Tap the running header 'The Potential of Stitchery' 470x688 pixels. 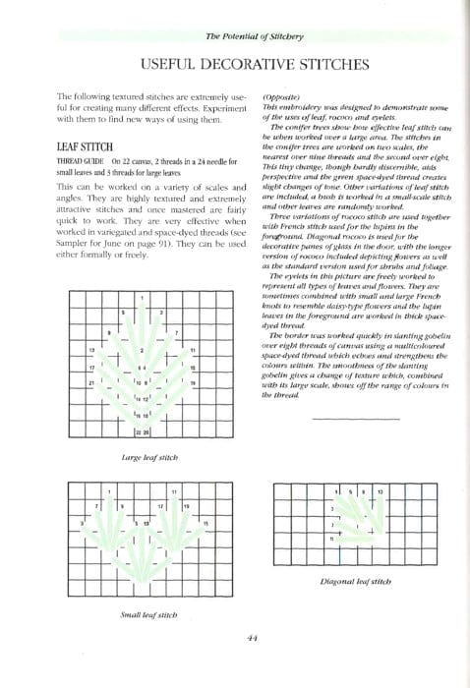(x=255, y=36)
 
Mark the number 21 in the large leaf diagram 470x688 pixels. (x=91, y=382)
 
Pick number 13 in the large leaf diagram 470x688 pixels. (x=91, y=350)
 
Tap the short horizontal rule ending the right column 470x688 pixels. (x=329, y=419)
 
